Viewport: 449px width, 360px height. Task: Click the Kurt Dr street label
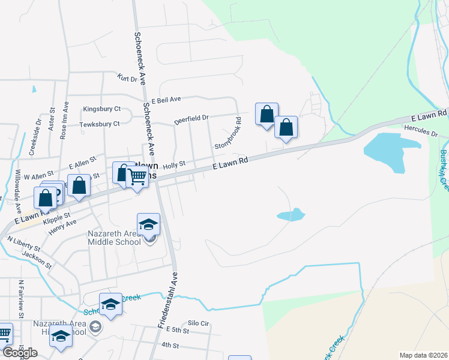tap(127, 78)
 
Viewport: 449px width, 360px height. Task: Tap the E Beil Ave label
tap(166, 100)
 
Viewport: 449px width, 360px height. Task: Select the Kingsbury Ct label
tap(102, 109)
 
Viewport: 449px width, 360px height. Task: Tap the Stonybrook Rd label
tap(228, 137)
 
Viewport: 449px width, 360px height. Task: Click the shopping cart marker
tap(137, 176)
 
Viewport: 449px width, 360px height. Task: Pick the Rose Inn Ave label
tap(64, 120)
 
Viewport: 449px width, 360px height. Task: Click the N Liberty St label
tap(23, 243)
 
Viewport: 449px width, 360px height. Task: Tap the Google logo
tap(19, 352)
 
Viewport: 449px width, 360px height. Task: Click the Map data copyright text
tap(423, 355)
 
